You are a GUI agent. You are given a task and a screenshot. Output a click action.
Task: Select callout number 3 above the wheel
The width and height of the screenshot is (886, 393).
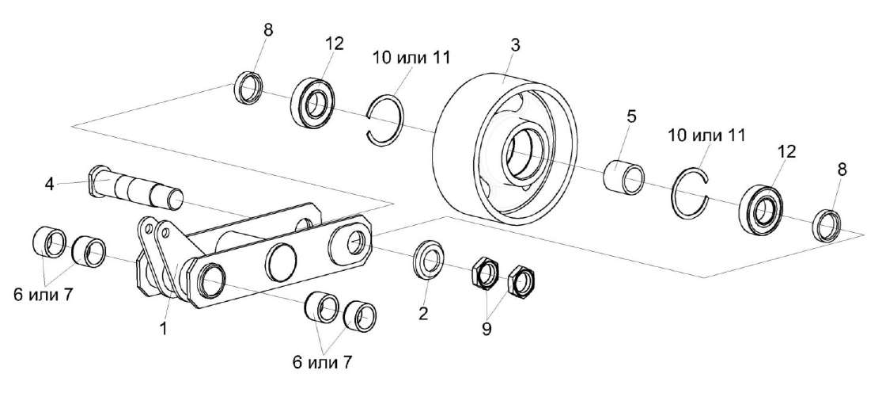[515, 45]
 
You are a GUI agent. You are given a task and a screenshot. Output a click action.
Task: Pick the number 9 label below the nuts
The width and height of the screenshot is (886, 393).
[487, 328]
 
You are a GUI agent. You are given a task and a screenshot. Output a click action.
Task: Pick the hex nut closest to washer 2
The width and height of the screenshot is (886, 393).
[483, 273]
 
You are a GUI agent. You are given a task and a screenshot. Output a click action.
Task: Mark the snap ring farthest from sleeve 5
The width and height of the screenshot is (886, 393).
[388, 119]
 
